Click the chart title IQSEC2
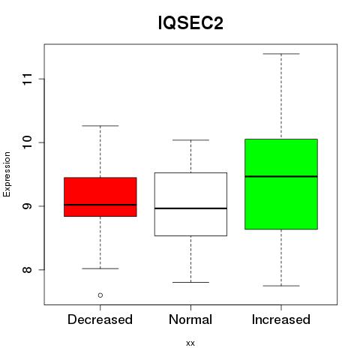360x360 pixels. [x=190, y=23]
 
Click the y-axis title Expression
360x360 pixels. [x=7, y=175]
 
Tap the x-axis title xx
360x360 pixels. [x=190, y=343]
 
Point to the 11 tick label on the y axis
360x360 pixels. [x=28, y=79]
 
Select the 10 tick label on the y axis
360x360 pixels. [x=28, y=142]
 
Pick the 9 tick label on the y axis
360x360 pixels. [x=28, y=206]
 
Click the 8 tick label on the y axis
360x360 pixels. [x=28, y=270]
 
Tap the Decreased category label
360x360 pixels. [x=100, y=319]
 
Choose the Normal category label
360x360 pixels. [x=190, y=319]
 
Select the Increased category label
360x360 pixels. [x=281, y=319]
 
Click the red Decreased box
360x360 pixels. [x=100, y=197]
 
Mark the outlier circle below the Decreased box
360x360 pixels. [x=100, y=295]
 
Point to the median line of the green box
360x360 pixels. [x=281, y=176]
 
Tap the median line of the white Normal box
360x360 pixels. [x=190, y=208]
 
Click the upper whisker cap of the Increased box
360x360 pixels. [x=281, y=54]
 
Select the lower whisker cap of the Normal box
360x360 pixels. [x=190, y=282]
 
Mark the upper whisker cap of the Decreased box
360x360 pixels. [x=100, y=126]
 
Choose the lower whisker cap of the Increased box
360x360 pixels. [x=281, y=286]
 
